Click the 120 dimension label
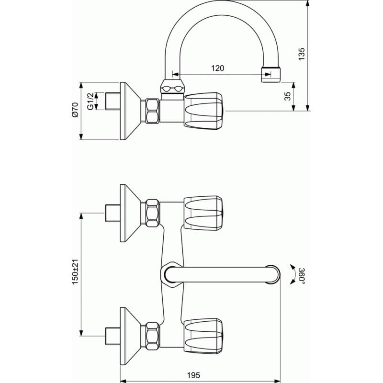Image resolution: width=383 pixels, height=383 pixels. pos(217,68)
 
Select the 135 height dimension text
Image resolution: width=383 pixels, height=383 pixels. pos(302,54)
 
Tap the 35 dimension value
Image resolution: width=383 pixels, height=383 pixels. pos(288,96)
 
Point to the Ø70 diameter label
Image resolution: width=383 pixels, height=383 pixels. pos(75,110)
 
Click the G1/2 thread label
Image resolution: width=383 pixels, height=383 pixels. pos(90,101)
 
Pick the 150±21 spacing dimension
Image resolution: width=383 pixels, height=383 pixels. pos(75,271)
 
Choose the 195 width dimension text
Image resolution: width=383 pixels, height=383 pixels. pos(193,375)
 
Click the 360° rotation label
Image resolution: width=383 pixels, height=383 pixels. pos(303,276)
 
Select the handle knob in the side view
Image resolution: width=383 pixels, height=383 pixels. pos(203,110)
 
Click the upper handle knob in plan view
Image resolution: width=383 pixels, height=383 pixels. pos(203,213)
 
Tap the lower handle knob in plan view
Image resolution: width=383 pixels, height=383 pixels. pos(203,336)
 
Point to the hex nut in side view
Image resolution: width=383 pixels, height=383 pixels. pos(152,111)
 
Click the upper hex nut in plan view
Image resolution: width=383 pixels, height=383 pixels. pos(152,213)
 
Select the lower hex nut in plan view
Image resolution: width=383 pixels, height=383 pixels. pos(152,336)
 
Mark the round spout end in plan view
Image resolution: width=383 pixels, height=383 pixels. pos(272,274)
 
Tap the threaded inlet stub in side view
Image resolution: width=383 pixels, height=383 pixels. pos(113,101)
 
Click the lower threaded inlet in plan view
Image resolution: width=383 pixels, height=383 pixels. pos(113,336)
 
